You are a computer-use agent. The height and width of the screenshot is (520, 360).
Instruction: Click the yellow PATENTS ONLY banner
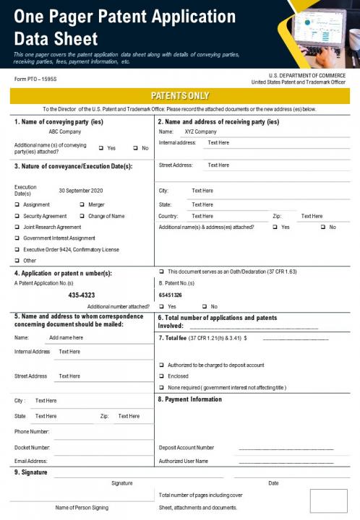point(180,95)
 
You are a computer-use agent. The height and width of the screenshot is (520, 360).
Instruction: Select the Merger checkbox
point(82,205)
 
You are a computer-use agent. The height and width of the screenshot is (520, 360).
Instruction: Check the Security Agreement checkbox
point(17,216)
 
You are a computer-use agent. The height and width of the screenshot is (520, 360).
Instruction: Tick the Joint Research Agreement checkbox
point(17,227)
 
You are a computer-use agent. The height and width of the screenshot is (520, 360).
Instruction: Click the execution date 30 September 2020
point(81,190)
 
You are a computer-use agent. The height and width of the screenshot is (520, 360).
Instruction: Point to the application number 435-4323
point(82,295)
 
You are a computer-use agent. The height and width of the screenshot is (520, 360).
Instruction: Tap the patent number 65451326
point(171,295)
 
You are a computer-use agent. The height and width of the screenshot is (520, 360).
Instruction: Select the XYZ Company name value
point(200,132)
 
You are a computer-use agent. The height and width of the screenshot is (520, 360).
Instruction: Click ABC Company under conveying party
point(64,132)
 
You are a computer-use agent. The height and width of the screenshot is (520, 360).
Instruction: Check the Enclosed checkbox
point(161,376)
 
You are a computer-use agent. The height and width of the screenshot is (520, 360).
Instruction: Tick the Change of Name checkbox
point(82,216)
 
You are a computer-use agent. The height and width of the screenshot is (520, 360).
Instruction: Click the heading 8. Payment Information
point(189,399)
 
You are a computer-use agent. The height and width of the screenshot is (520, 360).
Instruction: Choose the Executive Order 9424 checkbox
point(17,249)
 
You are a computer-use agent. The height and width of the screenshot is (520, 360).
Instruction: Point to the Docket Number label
point(32,448)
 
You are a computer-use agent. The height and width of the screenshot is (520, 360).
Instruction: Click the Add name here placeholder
point(66,337)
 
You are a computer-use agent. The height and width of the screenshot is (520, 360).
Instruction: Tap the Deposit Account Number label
point(186,448)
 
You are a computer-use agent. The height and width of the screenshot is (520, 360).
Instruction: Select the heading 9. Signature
point(30,472)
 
